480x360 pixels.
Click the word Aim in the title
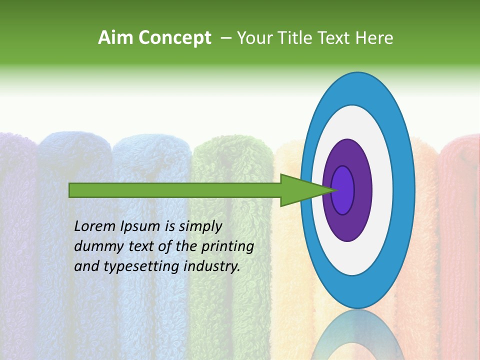click(115, 38)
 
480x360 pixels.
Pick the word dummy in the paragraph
click(95, 246)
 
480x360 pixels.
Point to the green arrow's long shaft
click(175, 190)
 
